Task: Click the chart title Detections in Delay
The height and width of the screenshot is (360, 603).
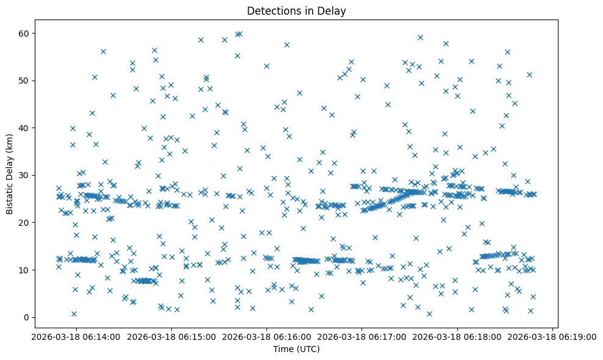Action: [296, 10]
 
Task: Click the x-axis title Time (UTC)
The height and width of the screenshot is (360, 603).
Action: [296, 349]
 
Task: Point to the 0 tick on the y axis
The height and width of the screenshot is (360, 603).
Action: [27, 317]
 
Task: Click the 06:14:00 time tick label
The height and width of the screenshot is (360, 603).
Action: [75, 336]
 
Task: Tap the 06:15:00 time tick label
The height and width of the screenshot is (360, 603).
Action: [171, 336]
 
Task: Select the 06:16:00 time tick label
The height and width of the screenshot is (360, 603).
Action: [266, 336]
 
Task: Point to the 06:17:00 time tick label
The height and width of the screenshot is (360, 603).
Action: [362, 336]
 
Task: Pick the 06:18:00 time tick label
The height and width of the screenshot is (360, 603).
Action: [458, 336]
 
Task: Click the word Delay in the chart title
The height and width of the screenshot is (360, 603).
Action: [332, 10]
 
